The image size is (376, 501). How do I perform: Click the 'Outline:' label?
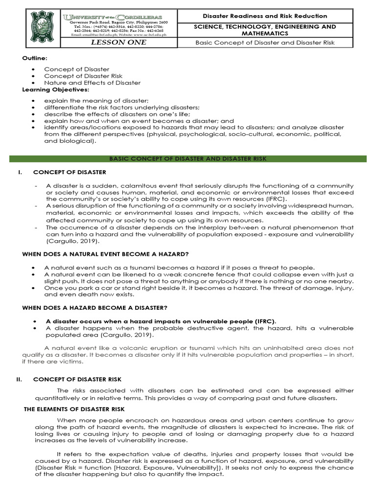(33, 59)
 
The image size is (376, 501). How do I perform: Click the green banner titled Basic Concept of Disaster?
(188, 159)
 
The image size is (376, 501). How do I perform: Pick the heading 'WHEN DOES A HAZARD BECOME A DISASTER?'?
(95, 307)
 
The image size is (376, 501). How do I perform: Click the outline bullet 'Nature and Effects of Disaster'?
(92, 83)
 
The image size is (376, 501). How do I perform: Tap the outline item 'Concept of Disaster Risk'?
(83, 76)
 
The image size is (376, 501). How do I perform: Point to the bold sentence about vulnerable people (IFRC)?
(161, 321)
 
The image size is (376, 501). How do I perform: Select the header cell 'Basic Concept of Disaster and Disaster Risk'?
(265, 43)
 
